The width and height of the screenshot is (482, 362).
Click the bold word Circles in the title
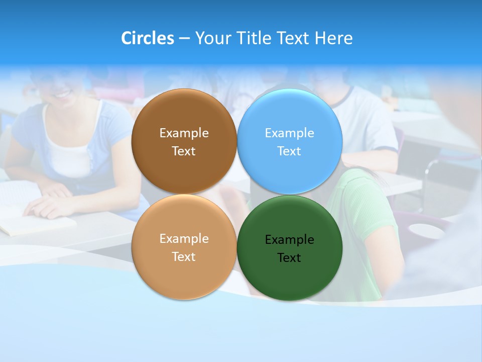tap(148, 38)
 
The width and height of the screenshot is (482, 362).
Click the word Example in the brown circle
tap(184, 133)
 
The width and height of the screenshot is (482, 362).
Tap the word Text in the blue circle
tap(289, 151)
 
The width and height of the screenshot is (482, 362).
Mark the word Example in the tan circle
tap(184, 239)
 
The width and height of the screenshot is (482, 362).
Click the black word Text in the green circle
tap(289, 258)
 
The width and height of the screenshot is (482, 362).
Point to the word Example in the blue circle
tap(289, 133)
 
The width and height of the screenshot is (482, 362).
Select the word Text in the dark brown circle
tap(184, 151)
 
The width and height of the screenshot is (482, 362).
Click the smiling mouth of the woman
tap(63, 94)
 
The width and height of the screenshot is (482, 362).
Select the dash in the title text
tap(184, 39)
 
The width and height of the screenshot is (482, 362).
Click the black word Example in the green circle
tap(289, 240)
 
